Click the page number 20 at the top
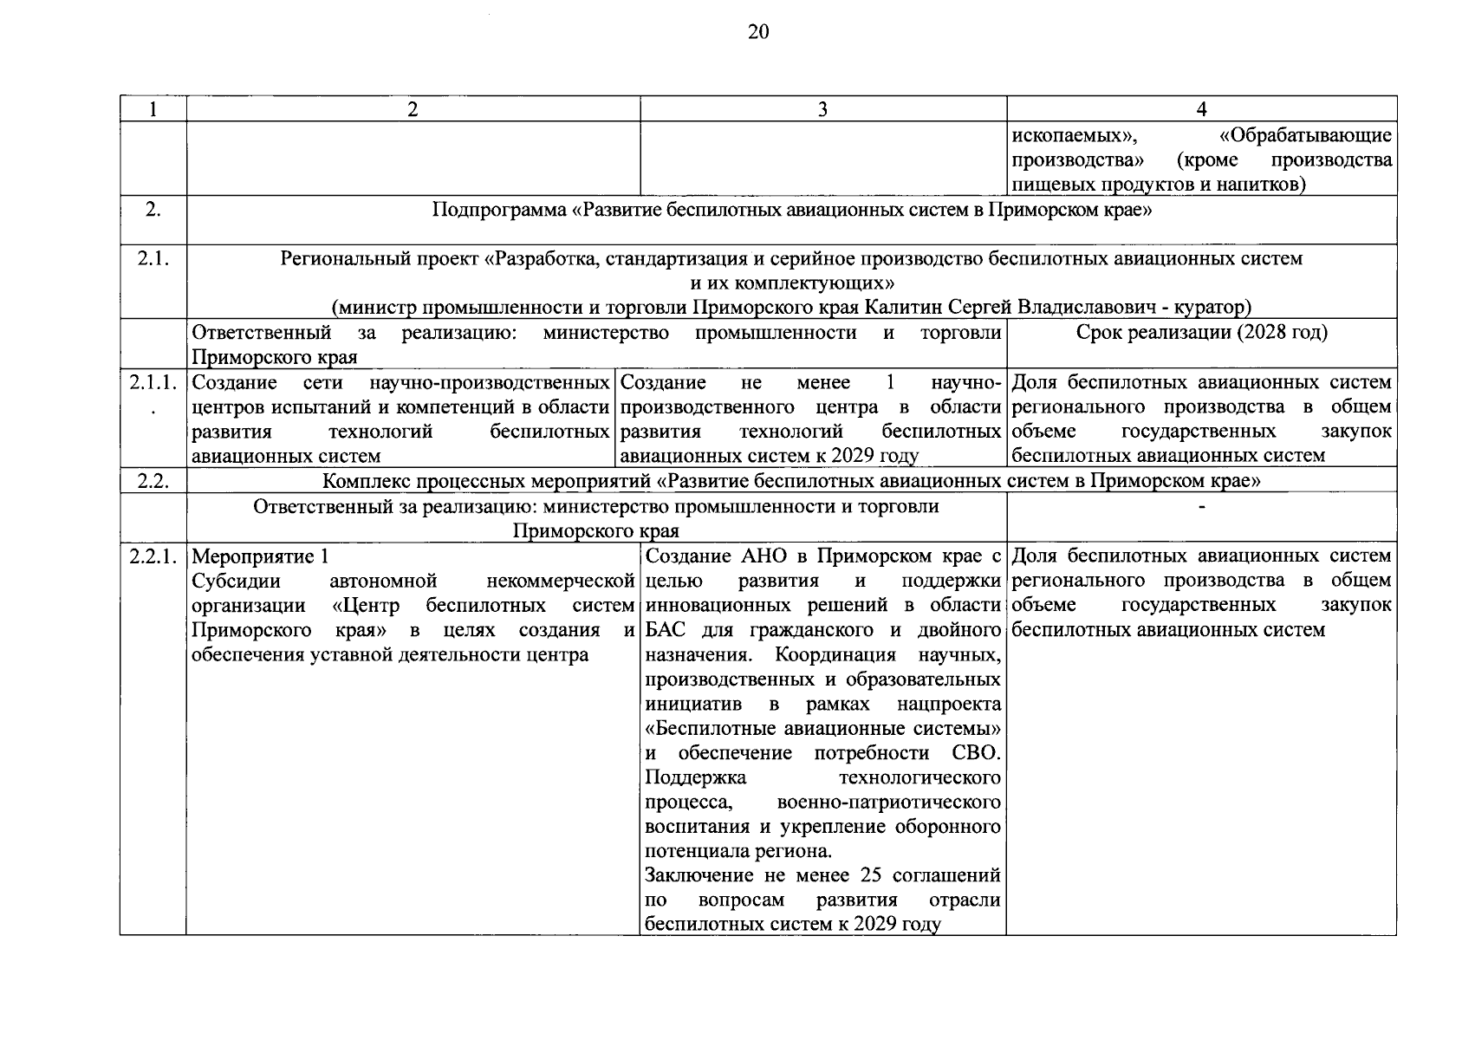tap(757, 33)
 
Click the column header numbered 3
tap(822, 109)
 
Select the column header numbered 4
tap(1201, 109)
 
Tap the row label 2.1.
tap(153, 258)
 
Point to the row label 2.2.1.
tap(153, 556)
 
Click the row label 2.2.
tap(153, 481)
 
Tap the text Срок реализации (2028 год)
tap(1201, 333)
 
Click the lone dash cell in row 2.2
tap(1201, 507)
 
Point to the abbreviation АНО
tap(763, 556)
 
